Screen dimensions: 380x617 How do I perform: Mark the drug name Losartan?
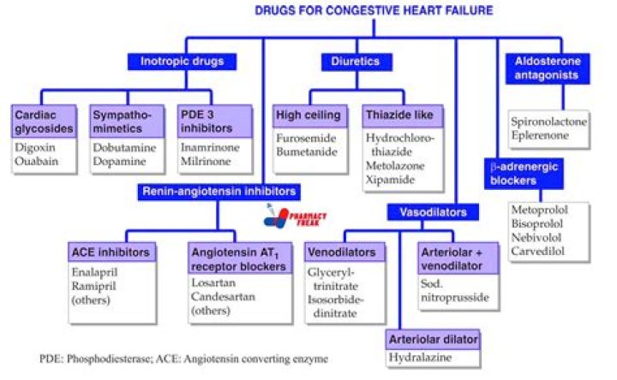click(x=215, y=282)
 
